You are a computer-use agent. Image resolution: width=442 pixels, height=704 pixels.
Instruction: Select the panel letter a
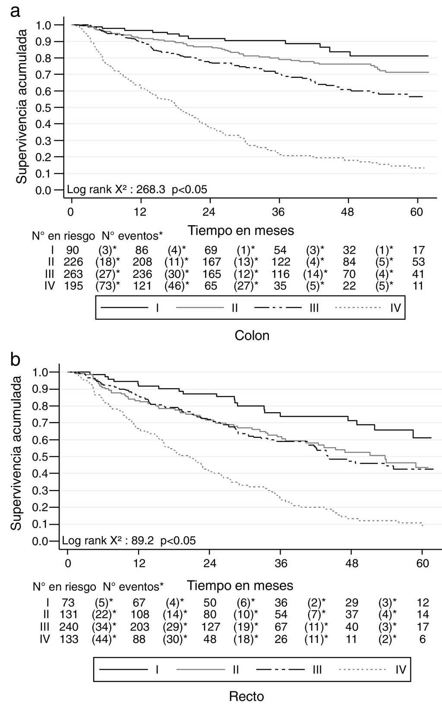(15, 11)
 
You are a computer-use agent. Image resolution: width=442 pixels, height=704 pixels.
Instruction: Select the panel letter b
(15, 359)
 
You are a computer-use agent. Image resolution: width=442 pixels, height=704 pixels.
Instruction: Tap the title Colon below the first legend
(252, 335)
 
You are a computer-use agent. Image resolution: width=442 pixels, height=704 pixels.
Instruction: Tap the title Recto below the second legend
(246, 696)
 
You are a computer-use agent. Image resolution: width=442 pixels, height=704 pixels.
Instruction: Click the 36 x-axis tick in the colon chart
(279, 212)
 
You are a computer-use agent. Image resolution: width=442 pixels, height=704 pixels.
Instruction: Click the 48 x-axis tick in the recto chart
(352, 564)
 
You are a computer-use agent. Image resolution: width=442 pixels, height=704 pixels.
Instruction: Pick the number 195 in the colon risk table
(74, 286)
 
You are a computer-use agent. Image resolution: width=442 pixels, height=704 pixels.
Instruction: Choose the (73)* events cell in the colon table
(106, 286)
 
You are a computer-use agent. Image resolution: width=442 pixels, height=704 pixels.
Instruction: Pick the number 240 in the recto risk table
(69, 627)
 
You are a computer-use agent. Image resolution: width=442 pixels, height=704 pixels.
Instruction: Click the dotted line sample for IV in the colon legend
(358, 308)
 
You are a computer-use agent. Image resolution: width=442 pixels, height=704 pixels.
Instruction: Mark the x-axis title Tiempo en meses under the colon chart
(241, 231)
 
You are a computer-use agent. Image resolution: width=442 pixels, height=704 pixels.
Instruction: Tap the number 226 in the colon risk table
(74, 262)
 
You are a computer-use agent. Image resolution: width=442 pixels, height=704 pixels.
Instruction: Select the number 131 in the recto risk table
(69, 615)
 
